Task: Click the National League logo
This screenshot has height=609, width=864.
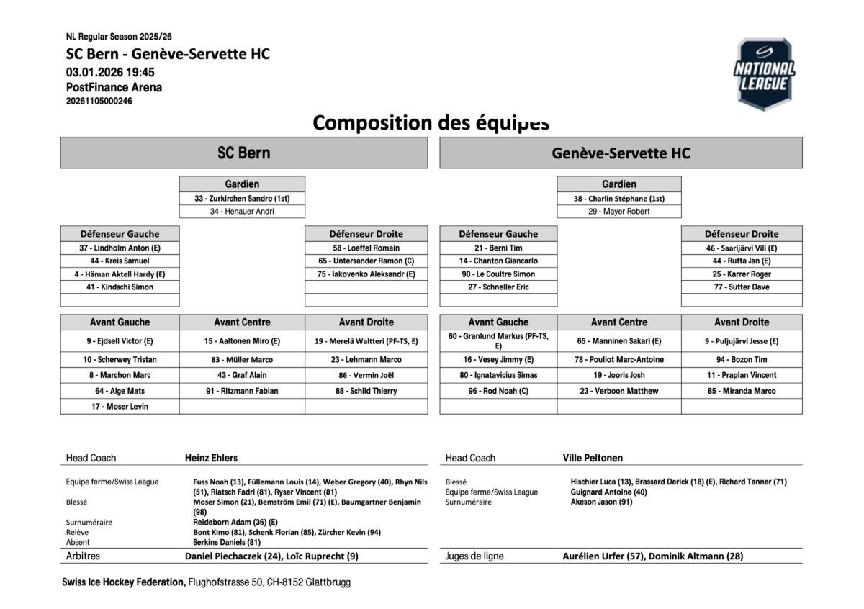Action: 764,74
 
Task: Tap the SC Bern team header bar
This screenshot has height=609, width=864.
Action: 244,153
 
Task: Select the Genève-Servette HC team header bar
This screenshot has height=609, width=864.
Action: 621,153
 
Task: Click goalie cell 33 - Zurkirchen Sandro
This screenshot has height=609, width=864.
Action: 242,198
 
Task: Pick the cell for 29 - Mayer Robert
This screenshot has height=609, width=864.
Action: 619,212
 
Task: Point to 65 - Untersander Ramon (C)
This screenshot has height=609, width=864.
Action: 366,261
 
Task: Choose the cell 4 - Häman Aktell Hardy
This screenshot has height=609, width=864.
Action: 120,274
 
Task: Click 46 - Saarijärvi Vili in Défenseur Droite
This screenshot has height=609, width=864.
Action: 742,248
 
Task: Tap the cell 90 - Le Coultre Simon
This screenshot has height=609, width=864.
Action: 498,274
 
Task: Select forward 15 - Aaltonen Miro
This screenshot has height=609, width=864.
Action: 242,341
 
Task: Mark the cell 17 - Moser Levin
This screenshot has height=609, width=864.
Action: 120,407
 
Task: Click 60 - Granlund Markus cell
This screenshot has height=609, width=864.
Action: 498,340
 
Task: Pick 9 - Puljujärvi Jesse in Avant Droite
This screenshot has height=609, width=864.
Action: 742,341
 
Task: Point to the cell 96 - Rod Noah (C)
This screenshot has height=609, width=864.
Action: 498,391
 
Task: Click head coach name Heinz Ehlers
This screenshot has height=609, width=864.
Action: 211,458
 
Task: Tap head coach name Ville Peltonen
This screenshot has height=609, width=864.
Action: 593,458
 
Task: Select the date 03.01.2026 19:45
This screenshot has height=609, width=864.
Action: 110,72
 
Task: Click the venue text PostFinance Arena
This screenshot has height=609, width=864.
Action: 114,87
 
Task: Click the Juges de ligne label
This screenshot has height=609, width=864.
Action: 474,556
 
